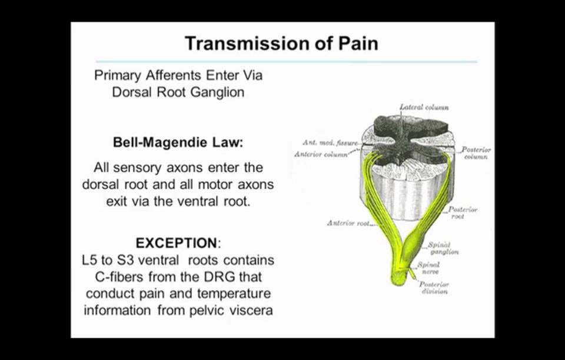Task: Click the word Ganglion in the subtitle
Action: click(217, 92)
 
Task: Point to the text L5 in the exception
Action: click(91, 260)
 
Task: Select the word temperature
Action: click(237, 293)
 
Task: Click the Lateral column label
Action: click(424, 108)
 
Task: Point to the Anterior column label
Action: click(321, 155)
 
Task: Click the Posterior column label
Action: click(476, 154)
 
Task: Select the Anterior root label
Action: click(348, 224)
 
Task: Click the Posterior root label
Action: click(463, 213)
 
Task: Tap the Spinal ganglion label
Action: click(443, 248)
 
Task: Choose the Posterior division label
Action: click(435, 288)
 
